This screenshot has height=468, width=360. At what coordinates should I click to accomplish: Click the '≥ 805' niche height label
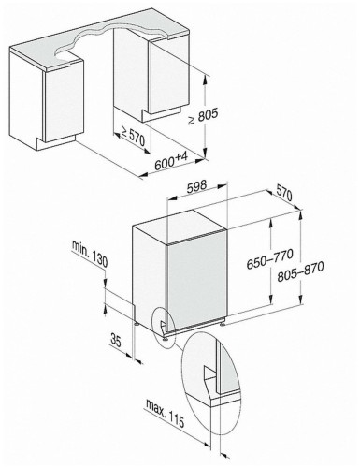coord(203,117)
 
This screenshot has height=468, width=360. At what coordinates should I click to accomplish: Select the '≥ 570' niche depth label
coord(133,137)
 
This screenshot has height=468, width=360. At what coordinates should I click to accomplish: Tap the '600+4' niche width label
coord(171,161)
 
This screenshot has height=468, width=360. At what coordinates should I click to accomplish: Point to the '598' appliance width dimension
coord(196,186)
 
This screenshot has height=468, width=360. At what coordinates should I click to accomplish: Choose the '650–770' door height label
coord(269,258)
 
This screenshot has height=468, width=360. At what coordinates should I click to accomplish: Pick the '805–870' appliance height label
coord(300,271)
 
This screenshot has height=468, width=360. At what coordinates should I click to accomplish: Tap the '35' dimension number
coord(115,340)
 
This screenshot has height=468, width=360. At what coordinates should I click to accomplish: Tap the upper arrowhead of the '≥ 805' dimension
coord(205,79)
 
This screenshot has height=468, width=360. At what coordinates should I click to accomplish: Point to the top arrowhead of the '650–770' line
coord(272,222)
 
